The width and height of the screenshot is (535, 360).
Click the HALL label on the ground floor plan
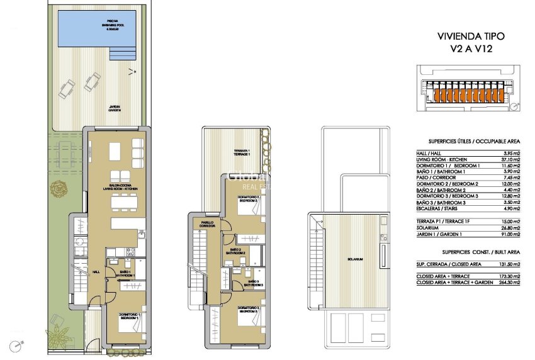[96, 272]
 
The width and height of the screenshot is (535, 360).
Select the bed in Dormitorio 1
[130, 323]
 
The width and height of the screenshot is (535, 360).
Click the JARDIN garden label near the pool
[114, 108]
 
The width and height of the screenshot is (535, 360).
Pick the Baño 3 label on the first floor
[253, 283]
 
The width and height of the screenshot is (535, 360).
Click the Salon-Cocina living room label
[121, 188]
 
